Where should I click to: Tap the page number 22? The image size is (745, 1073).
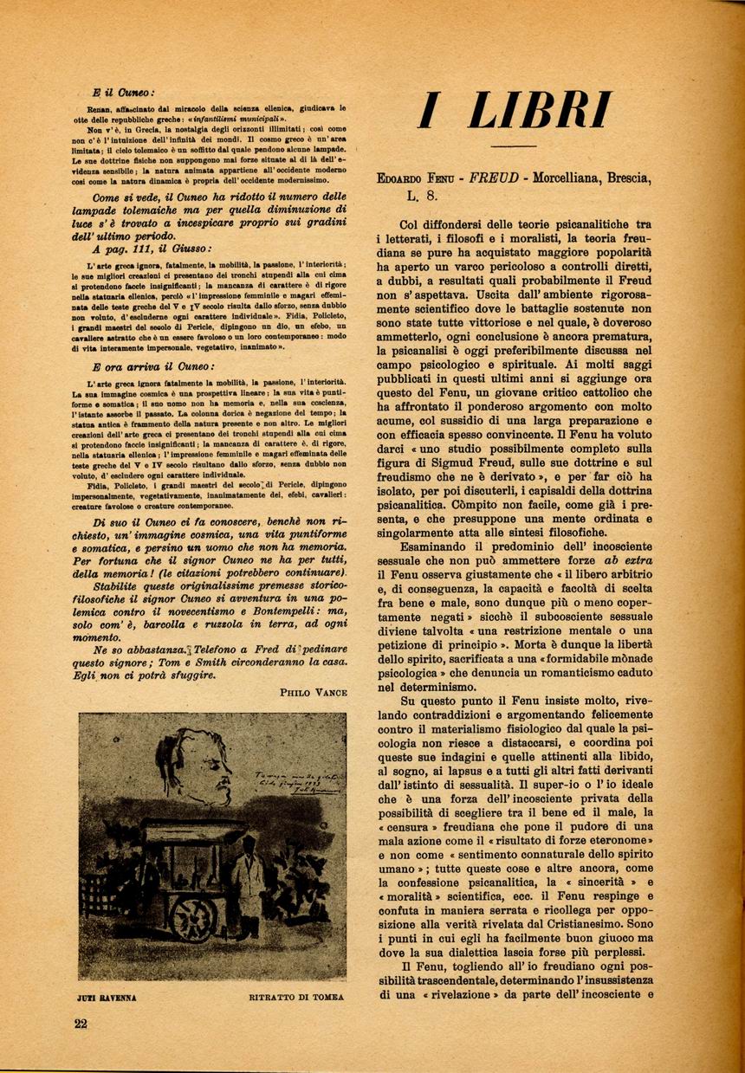coord(81,1024)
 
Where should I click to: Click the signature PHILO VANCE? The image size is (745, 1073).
coord(314,692)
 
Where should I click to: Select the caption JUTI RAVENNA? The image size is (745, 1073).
coord(107,997)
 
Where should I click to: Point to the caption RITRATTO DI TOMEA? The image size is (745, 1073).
coord(295,997)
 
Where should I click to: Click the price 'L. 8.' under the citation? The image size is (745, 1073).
coord(426,197)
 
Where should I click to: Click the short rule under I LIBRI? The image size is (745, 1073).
coord(514,145)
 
